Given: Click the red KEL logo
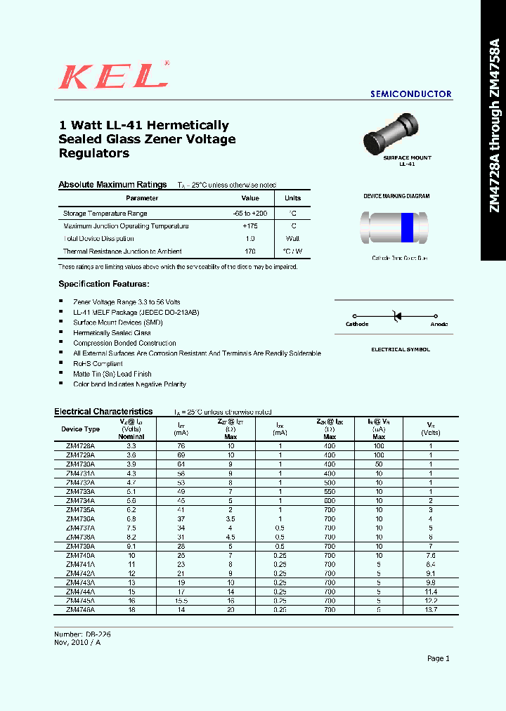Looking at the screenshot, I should pos(114,75).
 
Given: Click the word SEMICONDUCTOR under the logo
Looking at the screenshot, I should pos(410,94).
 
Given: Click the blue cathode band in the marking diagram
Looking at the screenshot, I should pos(407,226).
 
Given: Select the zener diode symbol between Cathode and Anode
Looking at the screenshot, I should pos(396,316).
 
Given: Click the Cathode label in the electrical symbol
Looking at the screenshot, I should pos(357,325).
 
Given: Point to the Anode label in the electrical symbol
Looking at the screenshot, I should pos(439,325).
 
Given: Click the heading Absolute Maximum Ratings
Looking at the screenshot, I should pos(112,185).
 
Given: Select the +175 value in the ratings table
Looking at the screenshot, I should pos(250,226).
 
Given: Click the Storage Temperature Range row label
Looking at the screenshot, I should pos(105,214).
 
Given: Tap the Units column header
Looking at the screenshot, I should pos(292,198).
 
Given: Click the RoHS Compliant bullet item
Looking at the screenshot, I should pos(98,364).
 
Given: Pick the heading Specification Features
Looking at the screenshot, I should pos(103,284).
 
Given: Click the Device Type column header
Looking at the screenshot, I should pos(81,429).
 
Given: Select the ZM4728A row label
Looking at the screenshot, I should pos(81,446).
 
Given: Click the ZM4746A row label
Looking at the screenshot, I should pos(81,611).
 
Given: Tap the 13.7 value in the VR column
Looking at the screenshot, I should pos(431,611).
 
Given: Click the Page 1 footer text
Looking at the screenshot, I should pos(438,658).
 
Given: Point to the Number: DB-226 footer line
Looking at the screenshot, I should pos(82,634).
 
